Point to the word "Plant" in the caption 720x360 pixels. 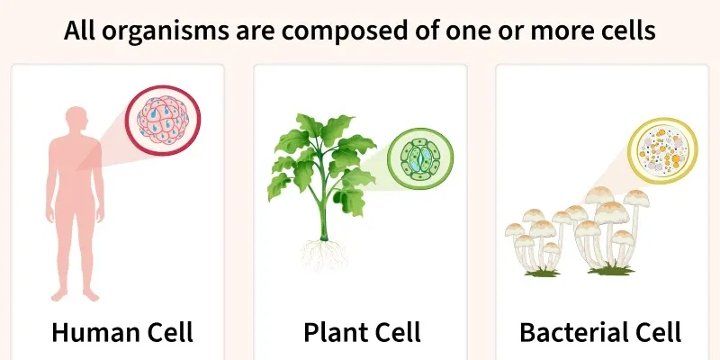334,332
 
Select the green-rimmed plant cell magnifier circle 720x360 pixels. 419,158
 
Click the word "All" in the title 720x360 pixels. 82,32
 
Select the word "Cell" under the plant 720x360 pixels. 396,332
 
